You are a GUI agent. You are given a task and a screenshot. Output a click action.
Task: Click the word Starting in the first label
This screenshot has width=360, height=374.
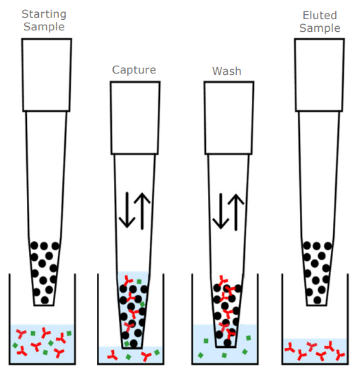pos(43,14)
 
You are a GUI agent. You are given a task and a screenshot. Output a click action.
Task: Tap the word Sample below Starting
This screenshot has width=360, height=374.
pos(43,27)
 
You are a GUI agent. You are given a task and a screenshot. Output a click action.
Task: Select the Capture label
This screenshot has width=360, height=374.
pos(134,70)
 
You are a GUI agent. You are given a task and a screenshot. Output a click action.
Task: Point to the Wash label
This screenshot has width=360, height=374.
pos(227,71)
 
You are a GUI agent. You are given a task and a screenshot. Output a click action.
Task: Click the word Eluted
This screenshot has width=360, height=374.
pos(320,16)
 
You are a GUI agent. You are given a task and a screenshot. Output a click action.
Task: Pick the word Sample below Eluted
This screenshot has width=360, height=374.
pos(320,28)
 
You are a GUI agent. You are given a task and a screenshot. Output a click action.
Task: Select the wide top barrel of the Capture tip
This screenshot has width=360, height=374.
pos(134,117)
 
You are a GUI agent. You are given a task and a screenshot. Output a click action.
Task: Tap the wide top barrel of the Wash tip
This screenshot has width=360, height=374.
pos(228,117)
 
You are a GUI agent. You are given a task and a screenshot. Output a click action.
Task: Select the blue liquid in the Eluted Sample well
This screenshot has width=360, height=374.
pos(315,349)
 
